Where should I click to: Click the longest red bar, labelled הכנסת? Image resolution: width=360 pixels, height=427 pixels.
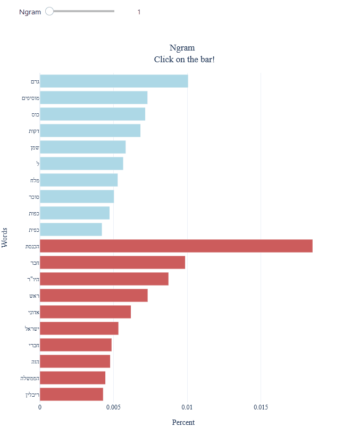point(175,246)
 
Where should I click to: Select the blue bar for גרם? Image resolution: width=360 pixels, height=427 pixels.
point(114,81)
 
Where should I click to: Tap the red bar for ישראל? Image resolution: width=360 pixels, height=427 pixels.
point(79,329)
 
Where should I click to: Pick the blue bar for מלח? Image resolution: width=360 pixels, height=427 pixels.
point(79,180)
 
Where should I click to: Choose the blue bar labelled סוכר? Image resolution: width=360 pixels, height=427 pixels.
point(77,197)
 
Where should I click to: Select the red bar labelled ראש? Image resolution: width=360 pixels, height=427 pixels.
point(94,296)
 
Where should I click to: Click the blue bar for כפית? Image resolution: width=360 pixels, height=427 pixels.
point(71,230)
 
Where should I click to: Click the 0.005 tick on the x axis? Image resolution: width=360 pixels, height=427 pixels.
point(113,407)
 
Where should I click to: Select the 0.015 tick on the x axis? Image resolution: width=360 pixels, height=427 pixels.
point(261,407)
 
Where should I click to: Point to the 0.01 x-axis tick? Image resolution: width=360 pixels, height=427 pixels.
point(187,407)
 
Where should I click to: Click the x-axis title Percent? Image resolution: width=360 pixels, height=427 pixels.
point(183,422)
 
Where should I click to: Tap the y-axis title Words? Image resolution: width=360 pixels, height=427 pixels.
point(5,237)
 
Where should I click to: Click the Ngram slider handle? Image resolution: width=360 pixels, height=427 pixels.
point(49,11)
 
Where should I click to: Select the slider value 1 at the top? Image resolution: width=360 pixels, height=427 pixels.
point(139,12)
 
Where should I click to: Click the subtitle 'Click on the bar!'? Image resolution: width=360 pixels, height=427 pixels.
point(184,59)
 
